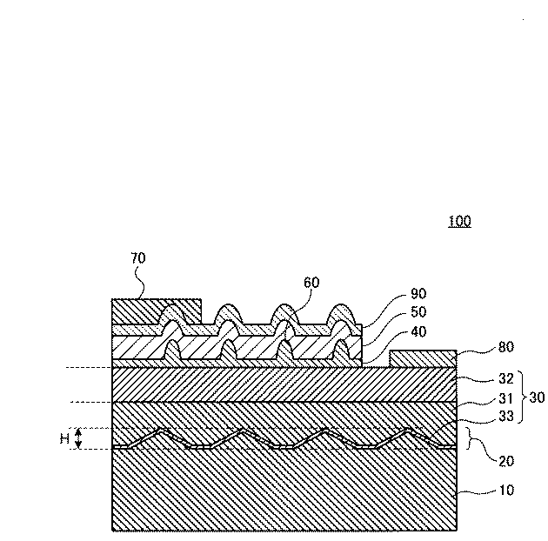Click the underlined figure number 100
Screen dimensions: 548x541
pyautogui.click(x=459, y=221)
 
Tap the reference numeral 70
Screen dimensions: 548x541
pyautogui.click(x=138, y=258)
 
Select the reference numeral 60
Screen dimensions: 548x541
pyautogui.click(x=311, y=283)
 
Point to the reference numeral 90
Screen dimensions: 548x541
pyautogui.click(x=418, y=294)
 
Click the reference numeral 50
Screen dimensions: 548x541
pyautogui.click(x=418, y=312)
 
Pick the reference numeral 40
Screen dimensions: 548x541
pyautogui.click(x=418, y=331)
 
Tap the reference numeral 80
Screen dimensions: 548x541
pyautogui.click(x=506, y=347)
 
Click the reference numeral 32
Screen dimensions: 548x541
pyautogui.click(x=506, y=378)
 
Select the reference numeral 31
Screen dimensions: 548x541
pyautogui.click(x=505, y=398)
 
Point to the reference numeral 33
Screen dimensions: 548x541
pyautogui.click(x=506, y=417)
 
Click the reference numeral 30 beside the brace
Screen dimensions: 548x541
pyautogui.click(x=538, y=397)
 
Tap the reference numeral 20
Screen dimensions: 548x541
pyautogui.click(x=506, y=461)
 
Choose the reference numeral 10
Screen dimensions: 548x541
pyautogui.click(x=506, y=490)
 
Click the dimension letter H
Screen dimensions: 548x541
pyautogui.click(x=64, y=438)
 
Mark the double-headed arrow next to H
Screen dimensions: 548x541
pyautogui.click(x=78, y=438)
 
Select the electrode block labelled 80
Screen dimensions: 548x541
pyautogui.click(x=423, y=358)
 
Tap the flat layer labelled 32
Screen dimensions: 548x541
pyautogui.click(x=284, y=384)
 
